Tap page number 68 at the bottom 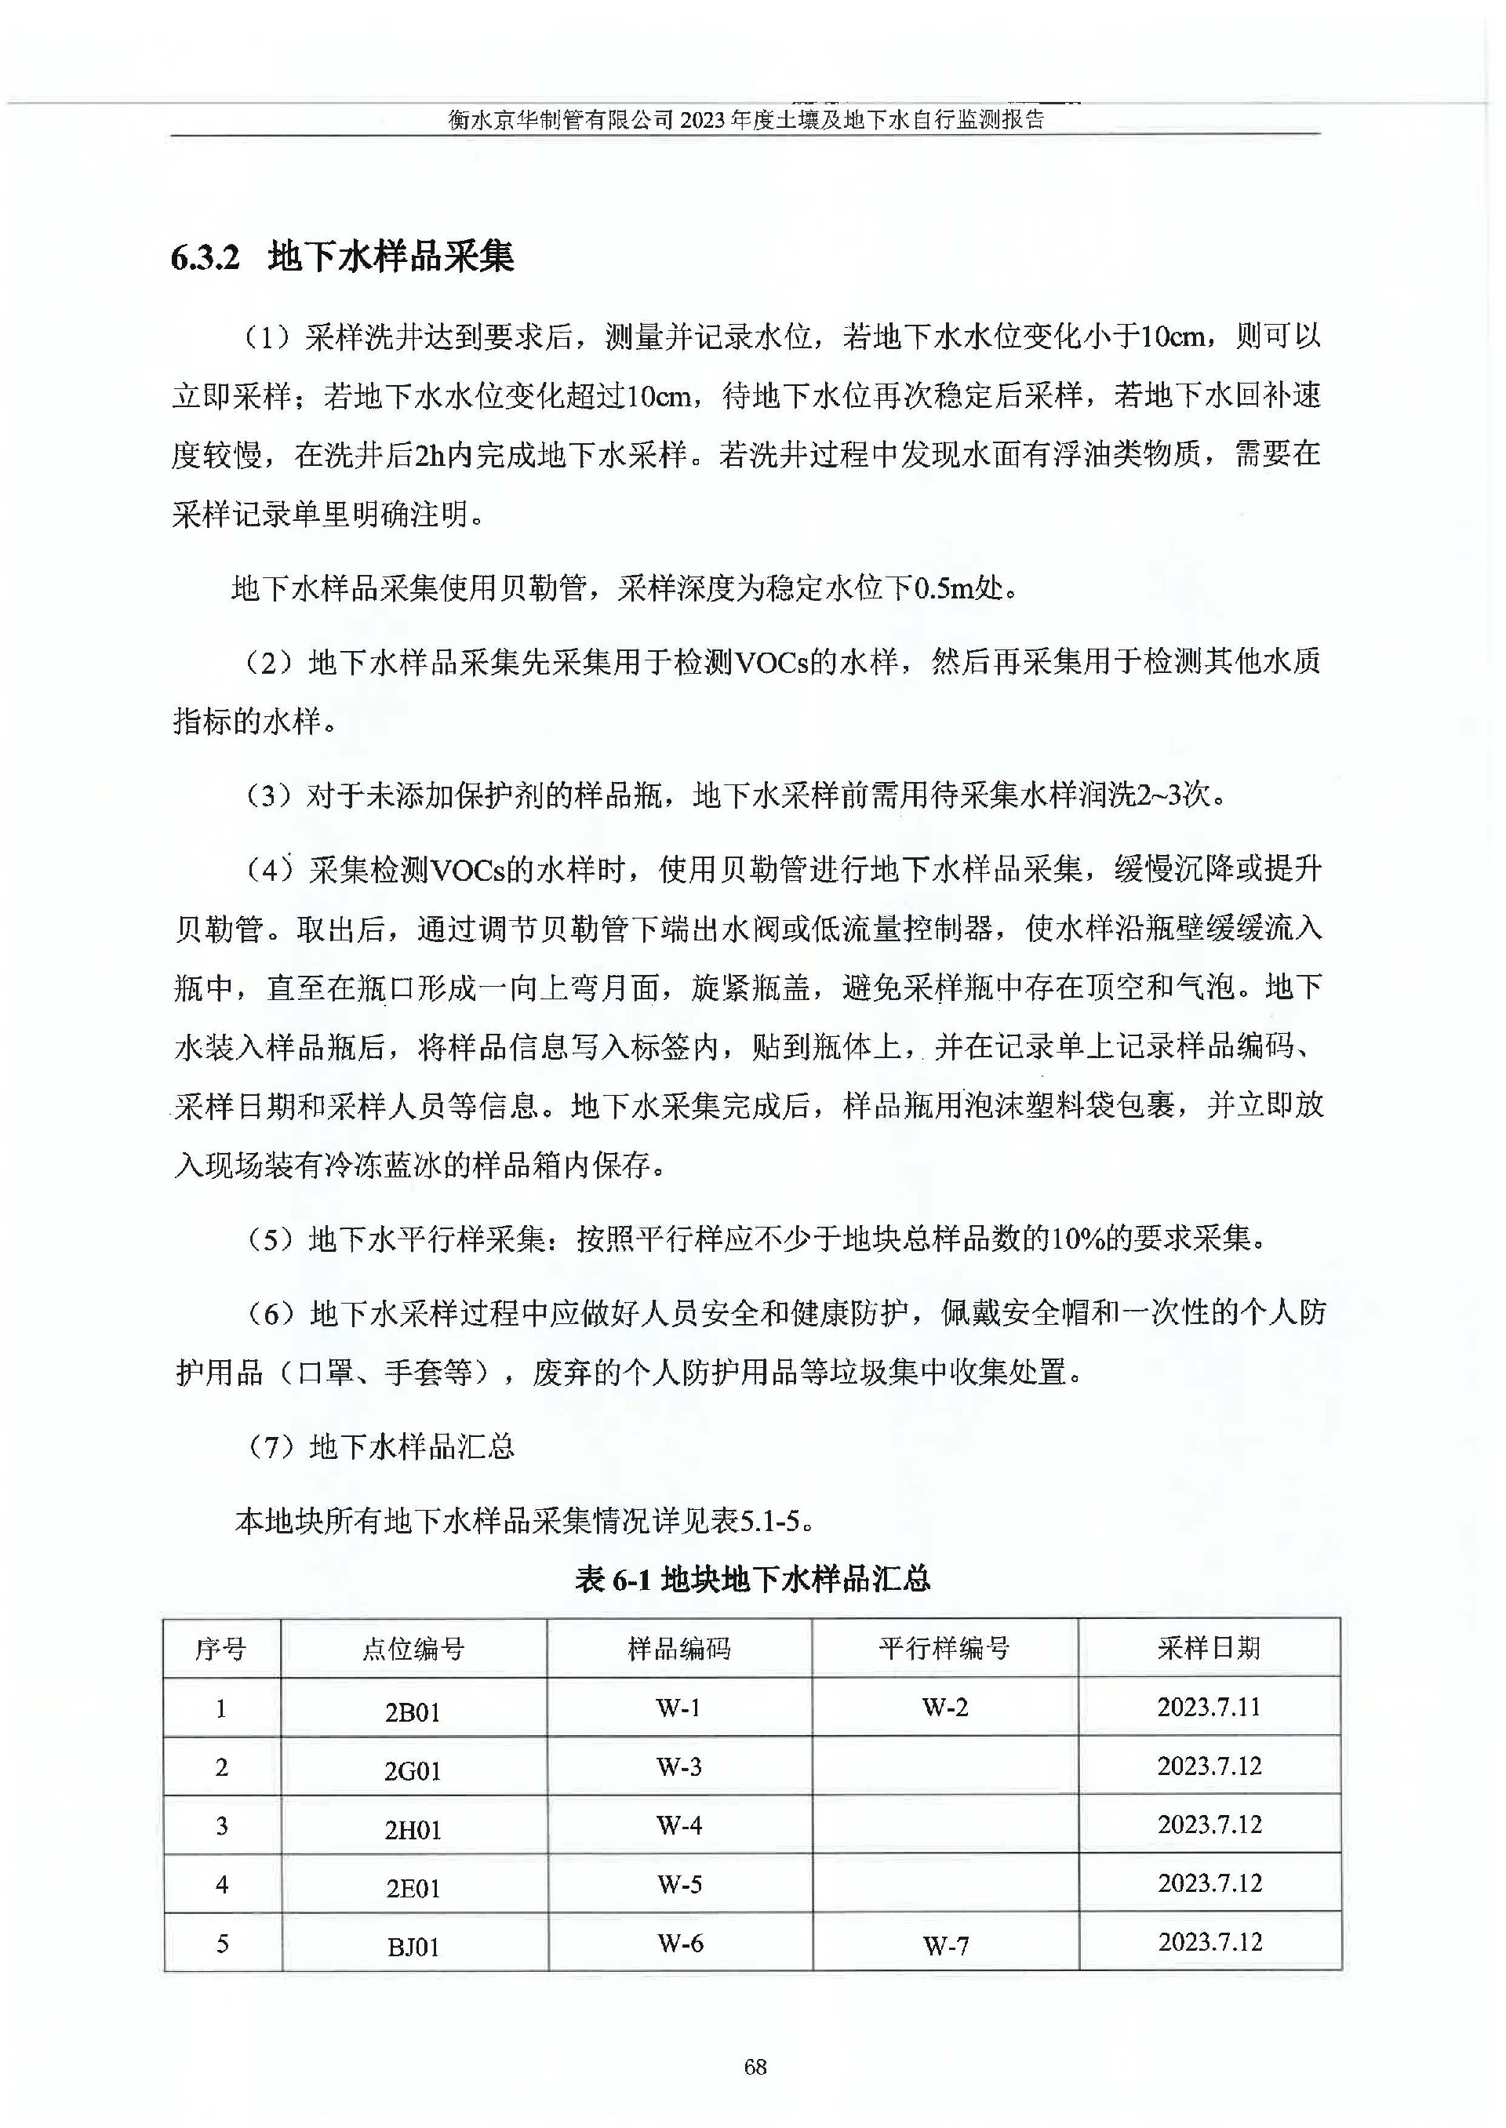click(755, 2066)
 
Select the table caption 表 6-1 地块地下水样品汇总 click(752, 1579)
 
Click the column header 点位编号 click(413, 1649)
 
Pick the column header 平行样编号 click(944, 1648)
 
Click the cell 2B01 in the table click(413, 1711)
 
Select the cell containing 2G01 click(413, 1771)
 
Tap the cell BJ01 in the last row click(413, 1947)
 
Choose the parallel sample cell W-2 click(945, 1707)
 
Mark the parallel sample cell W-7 click(946, 1946)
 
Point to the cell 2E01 click(413, 1888)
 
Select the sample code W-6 click(681, 1943)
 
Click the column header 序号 click(220, 1649)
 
